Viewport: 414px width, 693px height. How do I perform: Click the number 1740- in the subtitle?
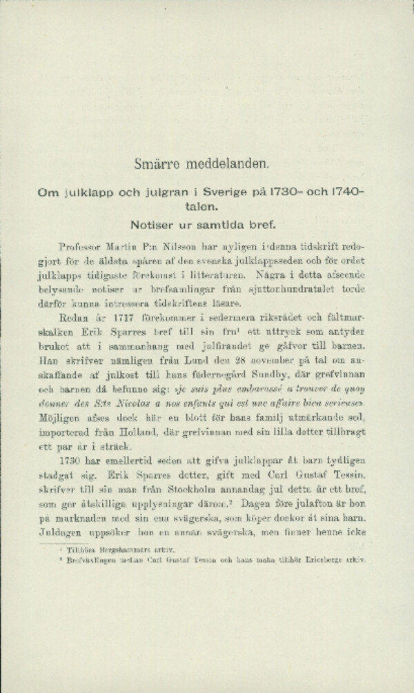(349, 195)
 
